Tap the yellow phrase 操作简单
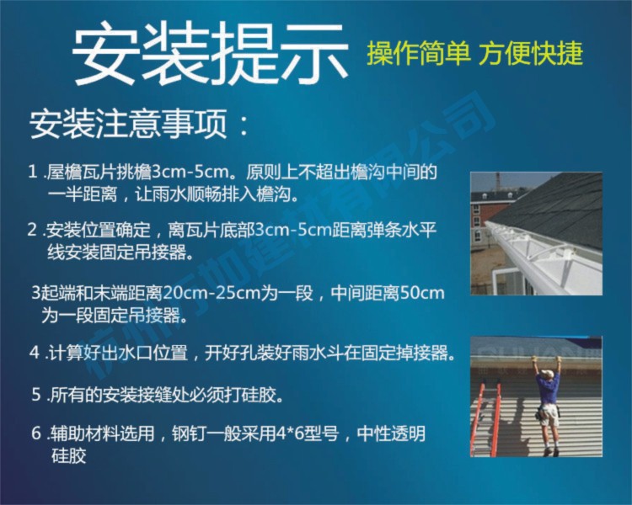tap(419, 54)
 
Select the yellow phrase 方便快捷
tap(530, 54)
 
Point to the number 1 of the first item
tap(33, 173)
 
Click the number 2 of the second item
tap(33, 231)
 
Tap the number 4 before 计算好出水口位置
tap(35, 353)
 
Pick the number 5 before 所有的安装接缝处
tap(36, 395)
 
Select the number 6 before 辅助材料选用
tap(36, 433)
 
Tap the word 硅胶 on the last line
tap(68, 456)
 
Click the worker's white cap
tap(546, 372)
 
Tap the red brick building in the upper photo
tap(488, 217)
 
